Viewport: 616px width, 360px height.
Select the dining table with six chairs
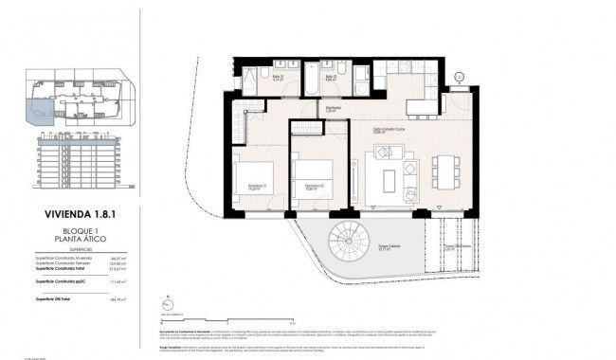click(x=442, y=172)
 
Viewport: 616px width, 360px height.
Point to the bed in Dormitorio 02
click(x=314, y=175)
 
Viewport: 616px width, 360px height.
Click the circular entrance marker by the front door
click(x=460, y=78)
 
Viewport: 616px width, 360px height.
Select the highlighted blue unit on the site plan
click(x=41, y=113)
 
